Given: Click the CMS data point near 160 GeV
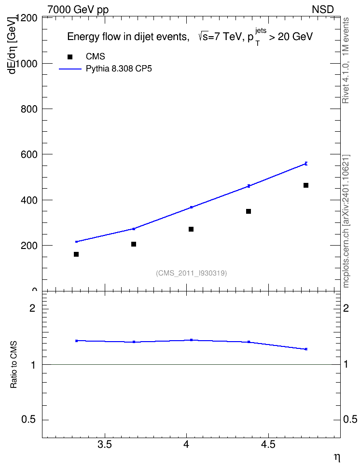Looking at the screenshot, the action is [76, 254].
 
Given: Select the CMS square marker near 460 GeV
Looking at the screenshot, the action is [306, 185].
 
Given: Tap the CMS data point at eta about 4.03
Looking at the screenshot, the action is [191, 229].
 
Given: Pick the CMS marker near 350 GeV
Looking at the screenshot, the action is [249, 211].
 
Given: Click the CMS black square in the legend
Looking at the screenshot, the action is [70, 57].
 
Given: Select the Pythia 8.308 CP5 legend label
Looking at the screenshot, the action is [119, 69].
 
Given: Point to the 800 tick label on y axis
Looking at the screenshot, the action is [29, 109].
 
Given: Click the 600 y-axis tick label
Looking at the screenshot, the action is [29, 154].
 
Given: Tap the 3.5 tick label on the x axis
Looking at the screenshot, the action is [105, 444].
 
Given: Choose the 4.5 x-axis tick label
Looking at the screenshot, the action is [268, 444].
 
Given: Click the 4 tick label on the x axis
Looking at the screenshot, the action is [186, 444].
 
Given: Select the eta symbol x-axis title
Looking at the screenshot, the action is [337, 458].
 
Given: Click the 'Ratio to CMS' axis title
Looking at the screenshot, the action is [14, 365].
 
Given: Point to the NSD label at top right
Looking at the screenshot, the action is [322, 10].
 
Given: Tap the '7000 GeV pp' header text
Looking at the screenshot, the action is [78, 10].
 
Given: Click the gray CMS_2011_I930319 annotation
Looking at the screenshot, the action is [192, 273].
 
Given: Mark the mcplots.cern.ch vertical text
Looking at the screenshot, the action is [346, 221].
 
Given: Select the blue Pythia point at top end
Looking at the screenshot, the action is [306, 164].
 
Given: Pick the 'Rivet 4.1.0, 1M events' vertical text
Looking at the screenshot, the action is [346, 60].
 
